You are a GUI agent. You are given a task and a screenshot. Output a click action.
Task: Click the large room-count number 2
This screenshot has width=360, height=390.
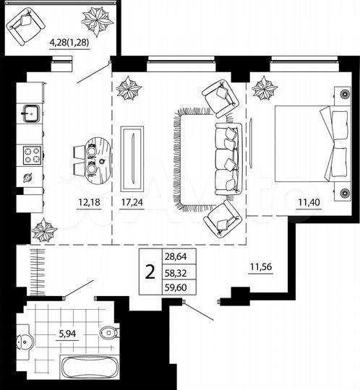tap(150, 272)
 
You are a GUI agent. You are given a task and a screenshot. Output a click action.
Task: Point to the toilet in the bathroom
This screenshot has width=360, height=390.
tap(108, 333)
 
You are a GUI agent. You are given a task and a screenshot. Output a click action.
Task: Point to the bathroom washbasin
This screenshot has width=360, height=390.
tap(25, 339)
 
